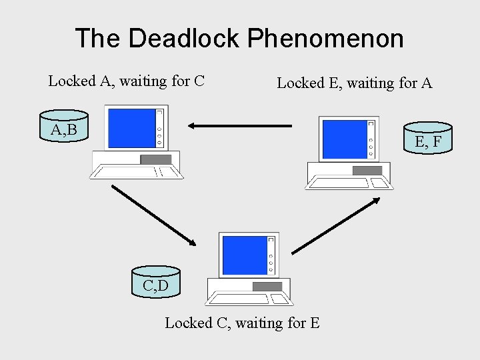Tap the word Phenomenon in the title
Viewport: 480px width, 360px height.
tap(325, 38)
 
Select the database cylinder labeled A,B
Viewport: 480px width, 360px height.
tap(64, 128)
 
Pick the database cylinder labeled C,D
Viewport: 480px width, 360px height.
tap(155, 285)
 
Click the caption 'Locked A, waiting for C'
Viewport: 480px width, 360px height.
tap(126, 81)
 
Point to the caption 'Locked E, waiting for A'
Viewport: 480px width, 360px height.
tap(355, 83)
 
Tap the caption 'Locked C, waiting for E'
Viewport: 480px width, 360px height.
tap(242, 323)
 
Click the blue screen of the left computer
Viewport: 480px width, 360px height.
tap(131, 127)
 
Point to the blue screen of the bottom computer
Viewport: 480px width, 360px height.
tap(243, 255)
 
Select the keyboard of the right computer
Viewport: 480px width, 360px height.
tap(349, 183)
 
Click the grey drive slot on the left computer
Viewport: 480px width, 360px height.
tap(156, 159)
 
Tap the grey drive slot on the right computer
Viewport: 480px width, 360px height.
tap(367, 170)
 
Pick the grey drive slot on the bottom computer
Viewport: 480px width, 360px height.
tap(267, 287)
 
